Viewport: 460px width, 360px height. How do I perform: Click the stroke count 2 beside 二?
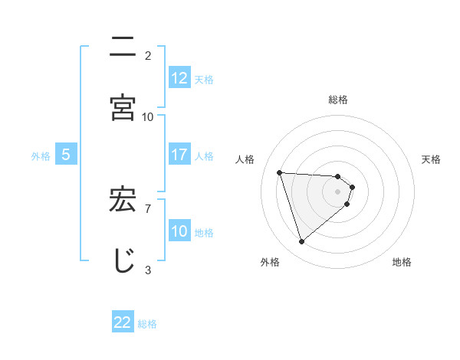coord(148,55)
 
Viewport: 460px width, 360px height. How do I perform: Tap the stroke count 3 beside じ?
coord(148,270)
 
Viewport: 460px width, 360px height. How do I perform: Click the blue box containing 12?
coord(179,78)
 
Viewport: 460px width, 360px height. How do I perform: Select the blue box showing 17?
coord(179,155)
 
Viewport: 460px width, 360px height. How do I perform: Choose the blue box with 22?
coord(123,322)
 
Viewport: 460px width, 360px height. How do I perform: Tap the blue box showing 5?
coord(66,155)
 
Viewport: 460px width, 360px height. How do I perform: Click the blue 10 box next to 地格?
coord(179,231)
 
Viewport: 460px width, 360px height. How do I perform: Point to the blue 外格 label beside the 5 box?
coord(41,155)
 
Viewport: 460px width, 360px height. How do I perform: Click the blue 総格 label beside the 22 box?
coord(147,323)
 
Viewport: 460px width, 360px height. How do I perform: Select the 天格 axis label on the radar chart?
coord(431,159)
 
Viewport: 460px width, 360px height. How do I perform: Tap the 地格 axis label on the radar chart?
coord(402,262)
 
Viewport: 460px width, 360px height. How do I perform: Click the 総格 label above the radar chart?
coord(338,100)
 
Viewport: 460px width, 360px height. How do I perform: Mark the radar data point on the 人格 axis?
coord(280,172)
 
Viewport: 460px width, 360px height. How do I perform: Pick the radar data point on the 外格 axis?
coord(301,242)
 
